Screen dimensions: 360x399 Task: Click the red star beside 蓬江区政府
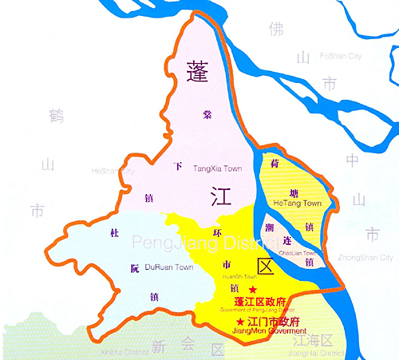pos(253,288)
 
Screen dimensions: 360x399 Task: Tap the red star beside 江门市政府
pos(240,321)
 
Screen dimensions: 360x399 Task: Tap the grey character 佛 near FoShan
pos(276,30)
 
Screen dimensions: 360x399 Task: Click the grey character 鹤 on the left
pos(55,116)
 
